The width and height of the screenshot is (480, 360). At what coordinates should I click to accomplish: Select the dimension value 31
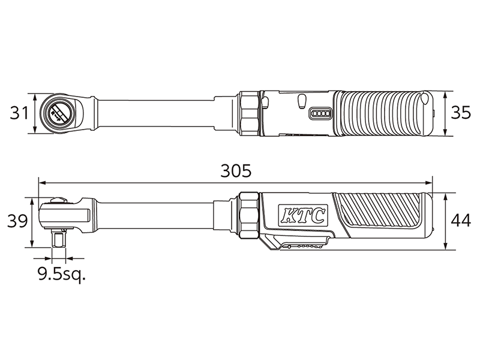click(x=19, y=113)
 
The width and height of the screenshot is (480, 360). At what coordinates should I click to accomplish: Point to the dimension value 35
click(x=460, y=113)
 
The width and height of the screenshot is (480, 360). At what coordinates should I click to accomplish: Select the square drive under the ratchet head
click(x=58, y=239)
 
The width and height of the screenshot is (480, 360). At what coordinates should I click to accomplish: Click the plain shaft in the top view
click(x=162, y=113)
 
